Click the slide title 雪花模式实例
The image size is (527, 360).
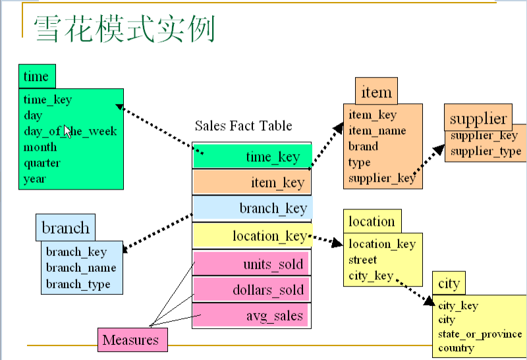125,29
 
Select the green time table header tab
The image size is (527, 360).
37,76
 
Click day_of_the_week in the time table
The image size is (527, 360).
70,131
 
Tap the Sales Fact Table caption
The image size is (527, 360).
243,126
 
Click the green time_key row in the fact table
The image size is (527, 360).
252,157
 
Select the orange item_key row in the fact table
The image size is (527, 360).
252,182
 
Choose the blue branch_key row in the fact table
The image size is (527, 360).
252,209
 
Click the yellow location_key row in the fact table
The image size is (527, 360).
252,235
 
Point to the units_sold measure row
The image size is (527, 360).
252,265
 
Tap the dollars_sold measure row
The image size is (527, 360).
252,290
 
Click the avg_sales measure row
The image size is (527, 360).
252,315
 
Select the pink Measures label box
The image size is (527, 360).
131,340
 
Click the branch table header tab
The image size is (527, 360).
65,228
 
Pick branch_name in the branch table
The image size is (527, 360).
80,268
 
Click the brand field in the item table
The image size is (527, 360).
363,146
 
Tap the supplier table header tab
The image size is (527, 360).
478,118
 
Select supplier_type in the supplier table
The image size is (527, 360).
485,151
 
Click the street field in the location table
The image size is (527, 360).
362,260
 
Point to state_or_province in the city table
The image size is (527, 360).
480,334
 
